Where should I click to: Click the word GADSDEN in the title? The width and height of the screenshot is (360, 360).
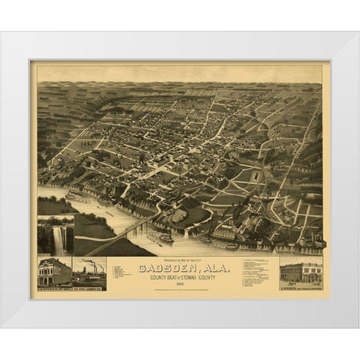pos(163,268)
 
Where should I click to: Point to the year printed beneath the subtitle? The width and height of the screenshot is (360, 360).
pos(180,283)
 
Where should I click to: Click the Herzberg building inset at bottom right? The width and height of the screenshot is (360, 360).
pos(300,272)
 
